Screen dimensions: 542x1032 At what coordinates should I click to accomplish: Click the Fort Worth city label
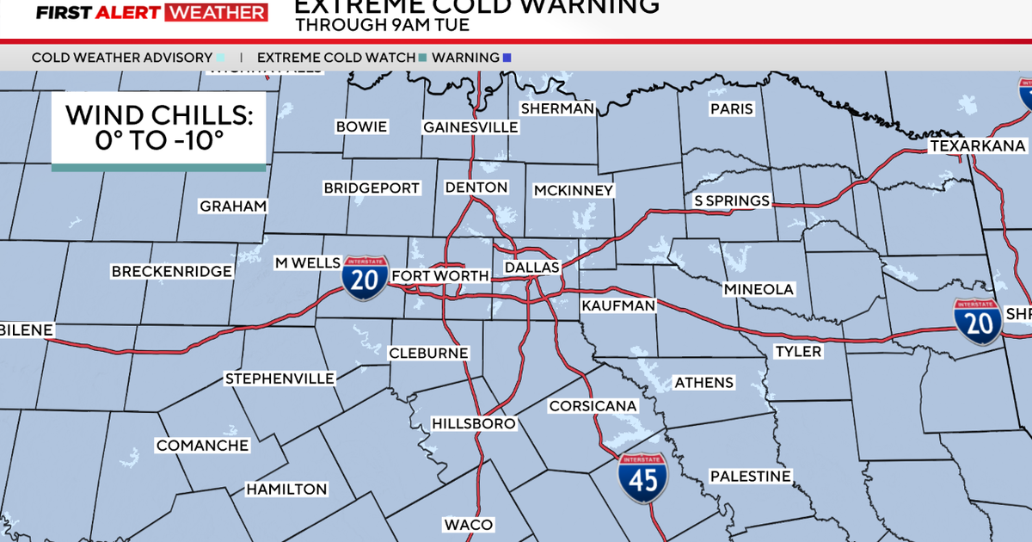click(440, 276)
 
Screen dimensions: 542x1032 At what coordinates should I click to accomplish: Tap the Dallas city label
click(531, 268)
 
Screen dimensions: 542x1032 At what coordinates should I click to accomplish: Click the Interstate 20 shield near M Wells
click(365, 277)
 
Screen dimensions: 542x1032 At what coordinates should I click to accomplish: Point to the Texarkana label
click(978, 146)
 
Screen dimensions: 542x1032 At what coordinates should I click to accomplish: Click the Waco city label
click(469, 525)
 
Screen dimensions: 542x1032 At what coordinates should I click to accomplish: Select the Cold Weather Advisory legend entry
click(122, 58)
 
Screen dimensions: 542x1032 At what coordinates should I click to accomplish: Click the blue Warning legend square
click(507, 58)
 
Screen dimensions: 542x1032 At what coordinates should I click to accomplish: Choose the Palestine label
click(749, 476)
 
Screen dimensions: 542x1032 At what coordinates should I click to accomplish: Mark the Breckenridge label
click(172, 272)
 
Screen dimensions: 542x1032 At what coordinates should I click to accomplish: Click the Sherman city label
click(557, 108)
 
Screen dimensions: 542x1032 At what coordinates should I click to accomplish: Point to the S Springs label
click(732, 200)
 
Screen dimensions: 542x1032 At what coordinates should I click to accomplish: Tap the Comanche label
click(202, 446)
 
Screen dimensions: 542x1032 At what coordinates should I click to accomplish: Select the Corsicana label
click(593, 405)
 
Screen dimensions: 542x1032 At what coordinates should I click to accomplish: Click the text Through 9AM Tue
click(382, 25)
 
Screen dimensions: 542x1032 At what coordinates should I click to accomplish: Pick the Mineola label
click(759, 289)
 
